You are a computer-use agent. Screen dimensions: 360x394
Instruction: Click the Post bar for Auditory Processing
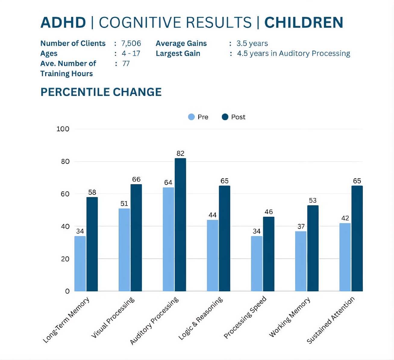(x=180, y=225)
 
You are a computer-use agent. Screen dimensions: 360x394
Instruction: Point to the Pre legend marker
(x=191, y=117)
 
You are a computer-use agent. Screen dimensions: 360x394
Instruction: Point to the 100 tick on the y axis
(x=63, y=129)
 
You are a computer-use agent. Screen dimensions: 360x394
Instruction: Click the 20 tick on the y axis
(x=65, y=259)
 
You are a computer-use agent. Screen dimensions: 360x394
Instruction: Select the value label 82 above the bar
(x=180, y=154)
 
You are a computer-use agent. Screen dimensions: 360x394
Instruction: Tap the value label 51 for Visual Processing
(x=124, y=204)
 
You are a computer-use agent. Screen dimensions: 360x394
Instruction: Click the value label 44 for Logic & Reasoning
(x=212, y=215)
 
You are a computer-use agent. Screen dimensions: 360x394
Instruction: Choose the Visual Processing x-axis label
(x=113, y=317)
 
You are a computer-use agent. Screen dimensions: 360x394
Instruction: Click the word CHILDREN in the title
(x=304, y=23)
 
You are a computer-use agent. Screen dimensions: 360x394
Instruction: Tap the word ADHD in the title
(x=63, y=23)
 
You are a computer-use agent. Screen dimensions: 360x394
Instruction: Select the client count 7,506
(x=131, y=44)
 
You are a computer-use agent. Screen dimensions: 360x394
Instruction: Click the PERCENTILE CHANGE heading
(x=101, y=92)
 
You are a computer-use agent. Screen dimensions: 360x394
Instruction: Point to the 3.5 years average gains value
(x=252, y=44)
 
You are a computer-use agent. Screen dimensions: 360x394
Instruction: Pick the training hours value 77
(x=126, y=64)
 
